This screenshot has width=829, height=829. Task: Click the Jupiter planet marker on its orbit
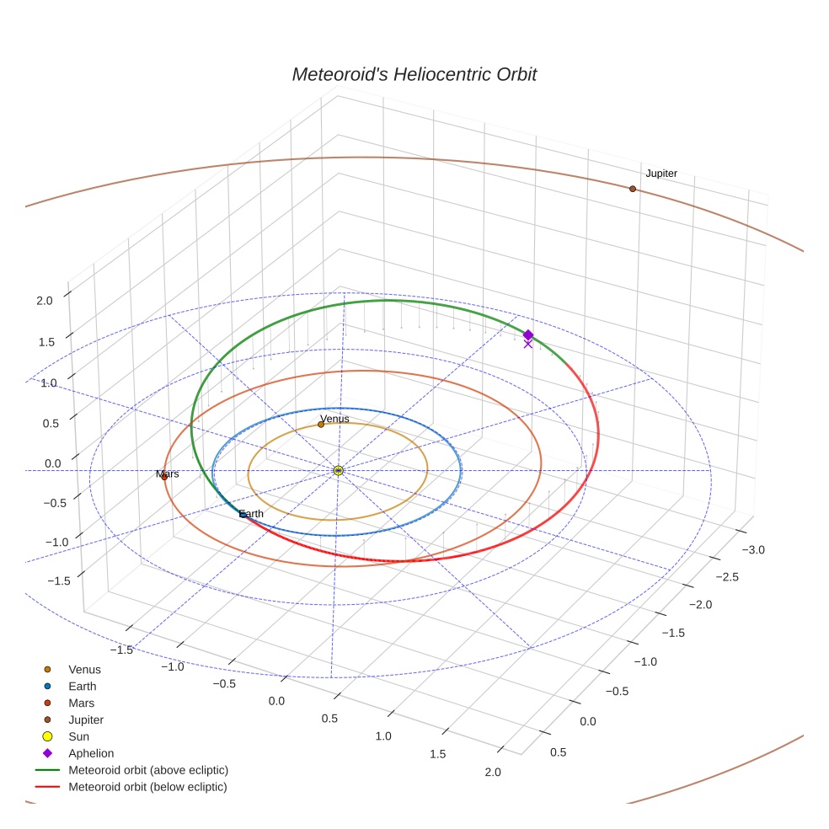click(633, 189)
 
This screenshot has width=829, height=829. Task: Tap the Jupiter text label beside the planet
click(661, 174)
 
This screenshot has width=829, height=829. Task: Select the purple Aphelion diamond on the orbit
click(528, 334)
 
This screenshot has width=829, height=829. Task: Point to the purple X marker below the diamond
click(528, 344)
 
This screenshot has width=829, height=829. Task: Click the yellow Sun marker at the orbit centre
click(338, 470)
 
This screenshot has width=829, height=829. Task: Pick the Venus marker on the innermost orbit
click(321, 425)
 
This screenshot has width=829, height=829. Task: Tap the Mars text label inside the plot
click(168, 474)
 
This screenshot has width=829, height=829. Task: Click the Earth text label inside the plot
click(251, 514)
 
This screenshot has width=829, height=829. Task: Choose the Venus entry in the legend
click(84, 670)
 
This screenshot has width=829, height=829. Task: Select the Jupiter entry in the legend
click(86, 720)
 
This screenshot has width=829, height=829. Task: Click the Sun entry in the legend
click(79, 737)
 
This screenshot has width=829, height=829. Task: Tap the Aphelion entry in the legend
click(91, 754)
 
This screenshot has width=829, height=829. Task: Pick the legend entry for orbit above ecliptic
click(148, 771)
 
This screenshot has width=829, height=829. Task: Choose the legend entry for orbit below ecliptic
click(147, 788)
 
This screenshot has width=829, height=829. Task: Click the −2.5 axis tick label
click(726, 577)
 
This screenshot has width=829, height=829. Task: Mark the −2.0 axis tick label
click(699, 605)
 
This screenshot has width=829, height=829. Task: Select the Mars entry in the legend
click(81, 703)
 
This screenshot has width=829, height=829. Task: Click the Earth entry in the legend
click(82, 687)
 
